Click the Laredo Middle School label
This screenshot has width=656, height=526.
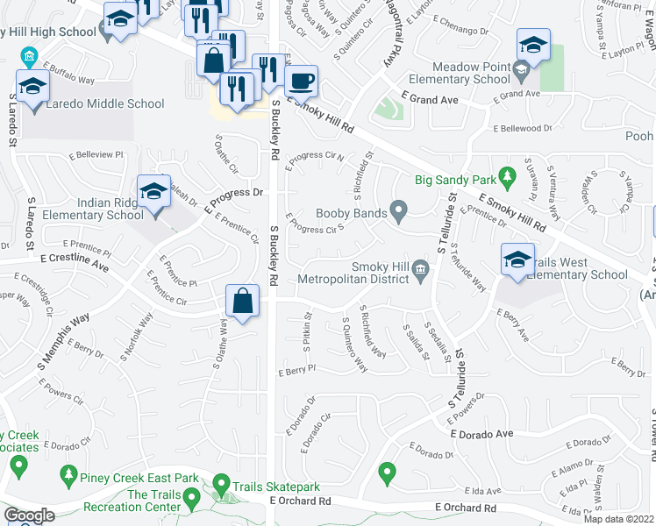[x=105, y=103]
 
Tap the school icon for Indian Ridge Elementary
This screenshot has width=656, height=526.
[x=153, y=193]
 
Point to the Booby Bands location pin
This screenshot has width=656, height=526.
[x=399, y=210]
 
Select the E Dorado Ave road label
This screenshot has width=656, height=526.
[x=481, y=434]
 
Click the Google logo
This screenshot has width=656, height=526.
[x=30, y=515]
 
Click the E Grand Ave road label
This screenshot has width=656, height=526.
[x=430, y=100]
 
